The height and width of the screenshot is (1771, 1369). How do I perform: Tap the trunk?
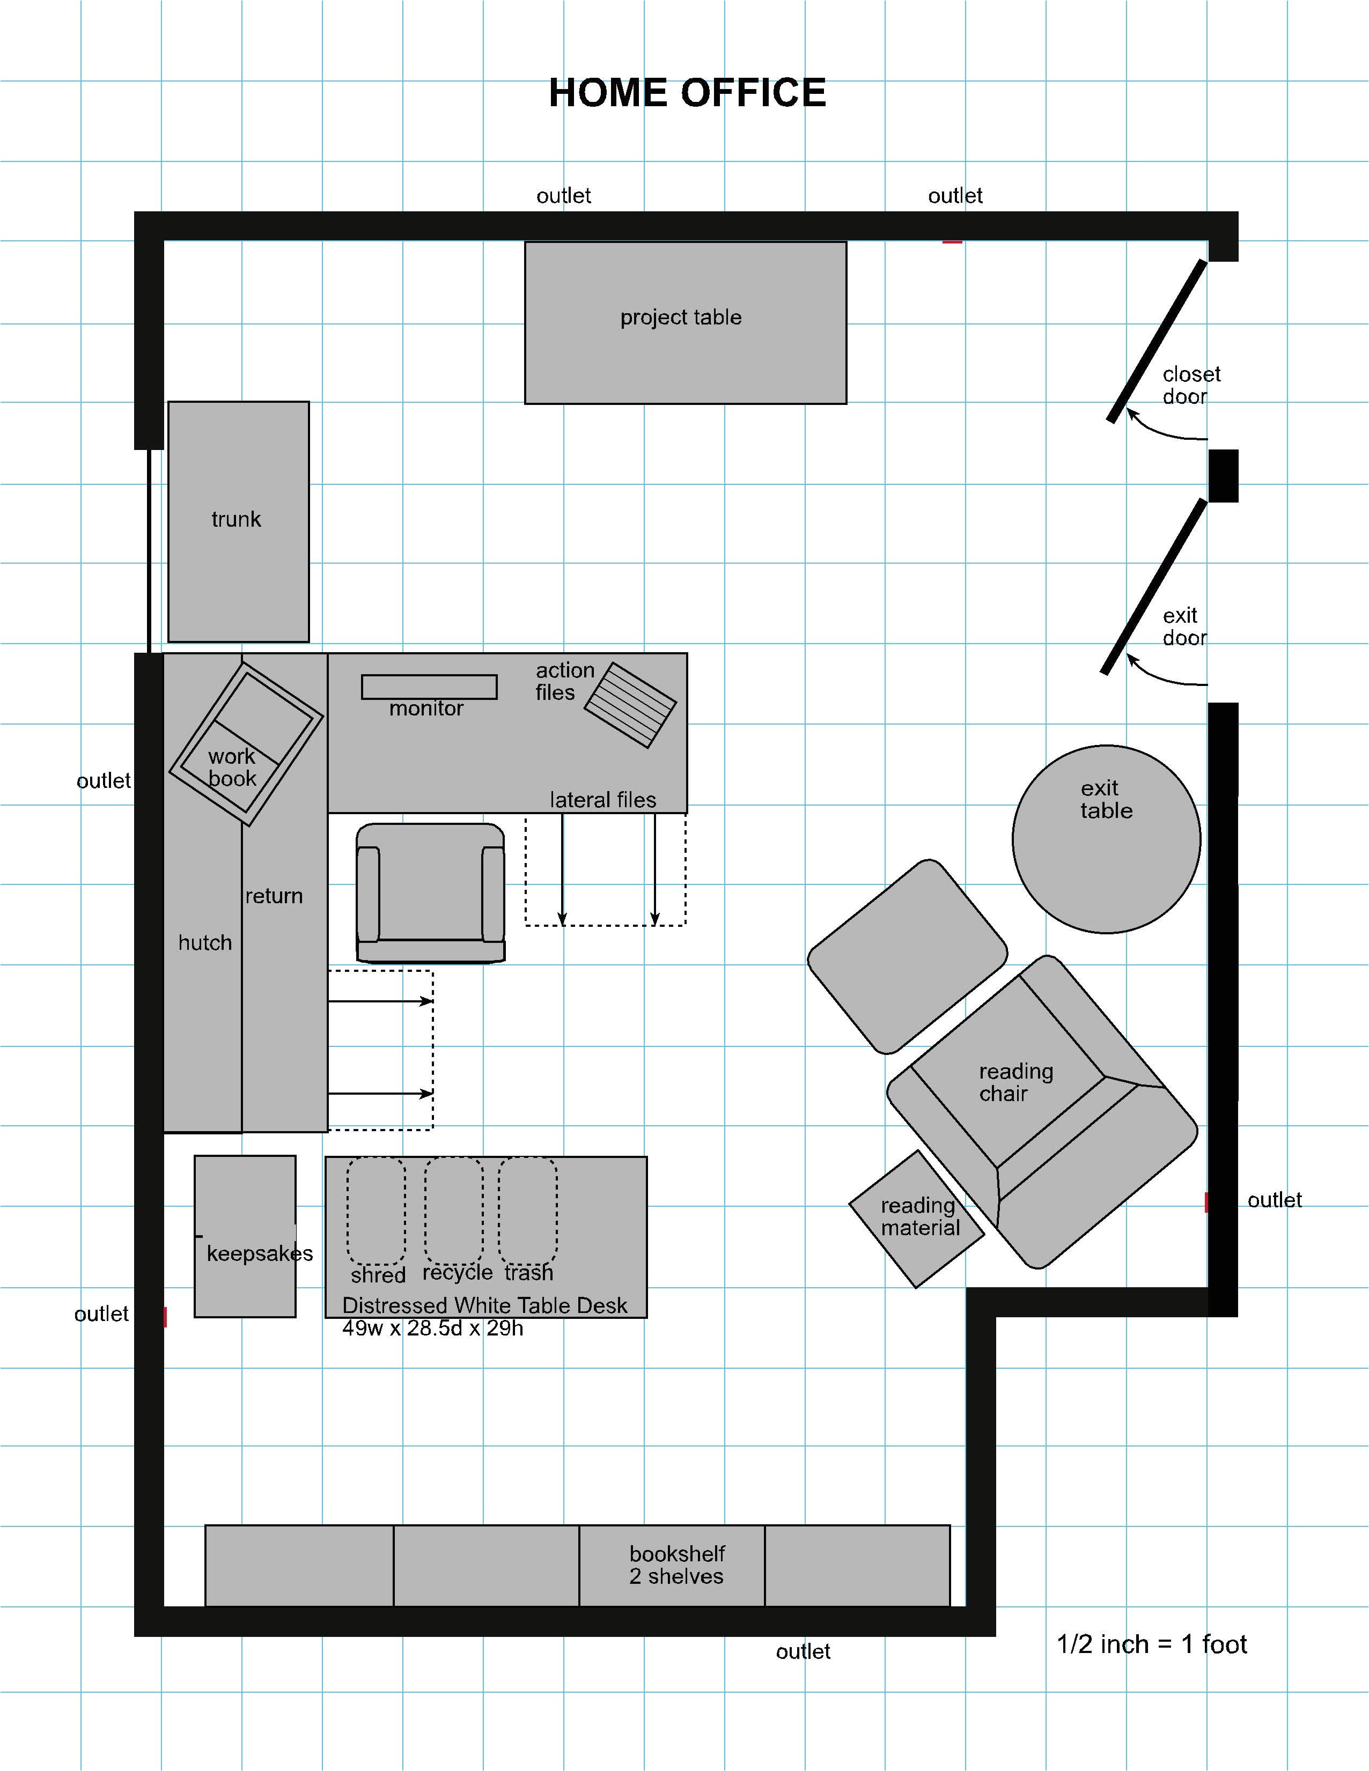(x=238, y=521)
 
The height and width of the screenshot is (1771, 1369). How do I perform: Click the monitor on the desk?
(x=429, y=687)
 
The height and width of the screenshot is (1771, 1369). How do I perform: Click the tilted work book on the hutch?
(x=246, y=743)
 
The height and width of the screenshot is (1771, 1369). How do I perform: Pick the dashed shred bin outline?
(x=376, y=1210)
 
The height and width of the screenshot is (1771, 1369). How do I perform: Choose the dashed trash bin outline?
(x=528, y=1210)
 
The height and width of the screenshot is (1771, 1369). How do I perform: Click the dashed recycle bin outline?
(x=453, y=1210)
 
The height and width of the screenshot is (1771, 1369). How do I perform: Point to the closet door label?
(x=1190, y=385)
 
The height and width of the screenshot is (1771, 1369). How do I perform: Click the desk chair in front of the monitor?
(x=431, y=893)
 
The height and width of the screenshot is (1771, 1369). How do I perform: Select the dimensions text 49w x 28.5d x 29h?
(x=432, y=1328)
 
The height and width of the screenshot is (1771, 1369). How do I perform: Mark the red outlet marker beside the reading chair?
(x=1207, y=1202)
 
